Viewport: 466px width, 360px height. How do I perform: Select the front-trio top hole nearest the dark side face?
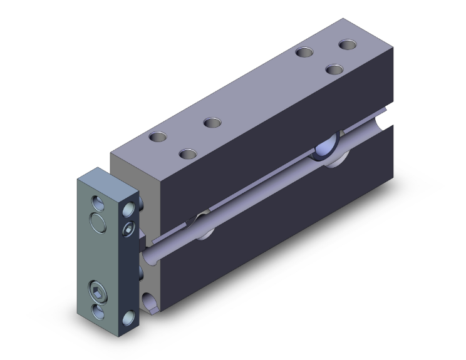[x=187, y=153]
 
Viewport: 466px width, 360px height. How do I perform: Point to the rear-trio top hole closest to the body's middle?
[x=305, y=53]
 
